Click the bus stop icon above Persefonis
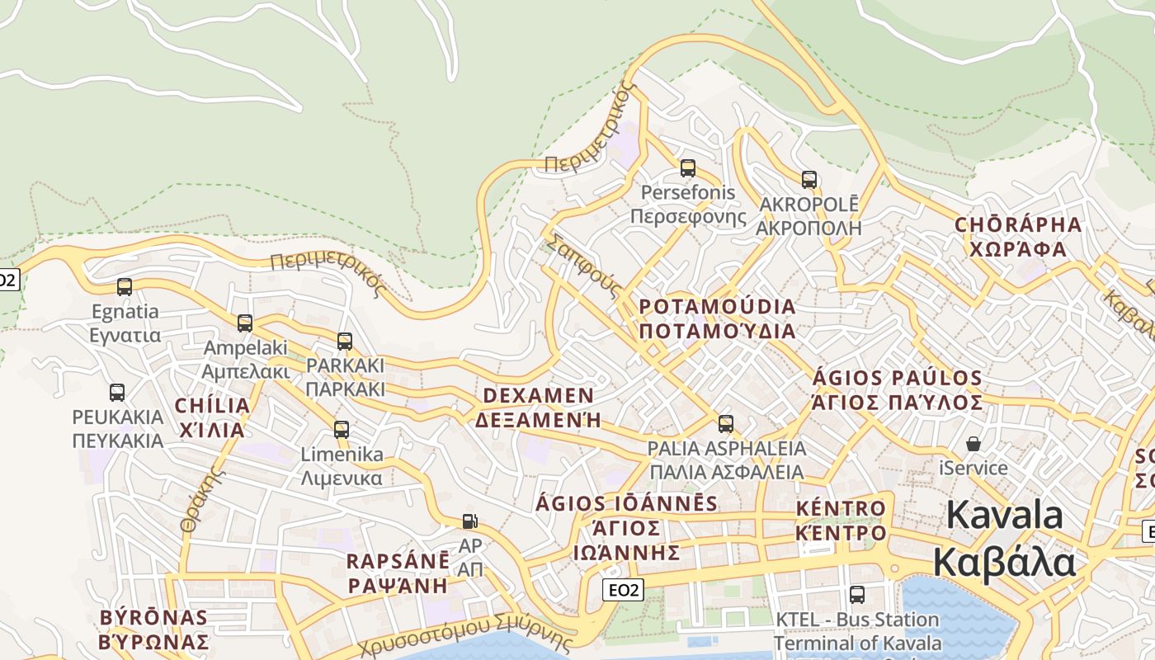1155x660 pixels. [x=687, y=168]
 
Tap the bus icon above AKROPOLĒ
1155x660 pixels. [x=808, y=179]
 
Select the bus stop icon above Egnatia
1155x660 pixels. [x=125, y=287]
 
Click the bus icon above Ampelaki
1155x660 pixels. [x=245, y=323]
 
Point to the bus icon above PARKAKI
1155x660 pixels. [x=345, y=341]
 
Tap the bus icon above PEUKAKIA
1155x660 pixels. [x=117, y=393]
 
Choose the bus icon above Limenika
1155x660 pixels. [x=341, y=430]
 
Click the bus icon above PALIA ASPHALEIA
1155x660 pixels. [x=726, y=424]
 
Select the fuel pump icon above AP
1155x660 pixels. [x=469, y=521]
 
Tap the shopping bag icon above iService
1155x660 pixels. [x=973, y=444]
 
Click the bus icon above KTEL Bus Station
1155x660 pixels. [x=857, y=595]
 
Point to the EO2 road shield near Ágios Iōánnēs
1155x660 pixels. [x=624, y=590]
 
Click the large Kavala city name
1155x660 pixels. [x=1005, y=540]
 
